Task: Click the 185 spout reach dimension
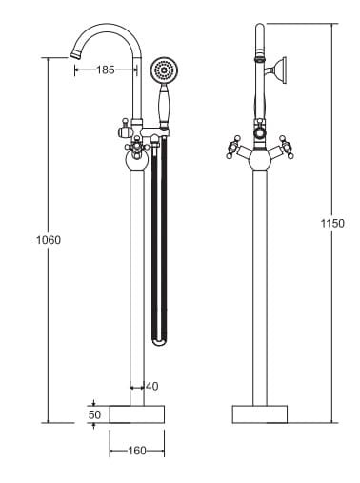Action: (106, 70)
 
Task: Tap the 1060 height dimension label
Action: (49, 240)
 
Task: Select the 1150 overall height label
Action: (332, 224)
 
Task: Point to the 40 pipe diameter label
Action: (152, 387)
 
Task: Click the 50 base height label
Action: (94, 414)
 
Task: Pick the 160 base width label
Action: (137, 451)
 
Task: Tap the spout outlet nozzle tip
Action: (74, 55)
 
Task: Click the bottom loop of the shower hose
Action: (159, 342)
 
